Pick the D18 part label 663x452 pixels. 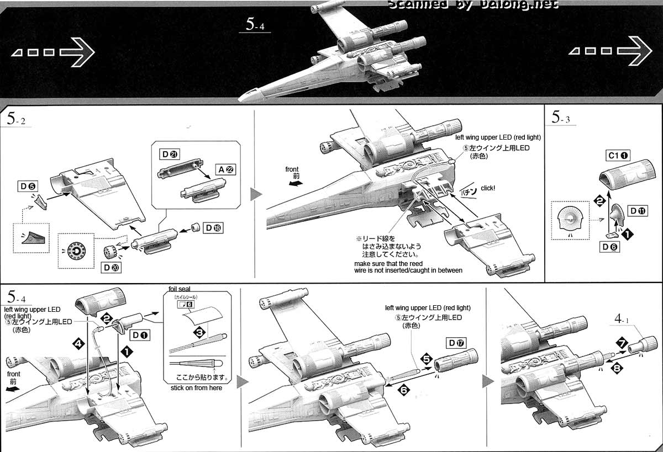214,227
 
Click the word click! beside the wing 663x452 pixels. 488,188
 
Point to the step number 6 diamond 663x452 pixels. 404,389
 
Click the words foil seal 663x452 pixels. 180,289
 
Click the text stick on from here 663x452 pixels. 196,388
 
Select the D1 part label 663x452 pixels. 139,334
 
